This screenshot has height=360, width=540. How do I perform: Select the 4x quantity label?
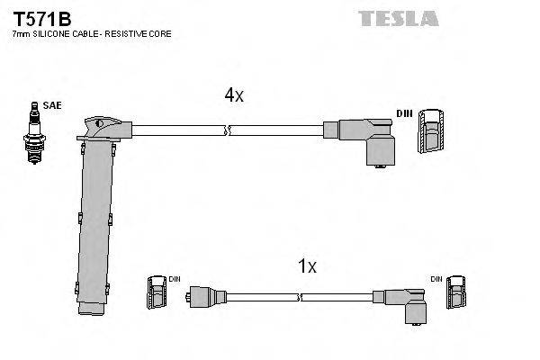coord(233,96)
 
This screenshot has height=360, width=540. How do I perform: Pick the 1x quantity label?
coord(307,266)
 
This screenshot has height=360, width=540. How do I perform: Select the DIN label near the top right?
coord(405,113)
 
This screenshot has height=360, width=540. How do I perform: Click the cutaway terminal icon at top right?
coord(433,130)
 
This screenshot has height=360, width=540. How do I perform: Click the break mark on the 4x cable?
coord(229,130)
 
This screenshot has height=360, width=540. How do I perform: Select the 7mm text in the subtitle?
coord(21,34)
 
